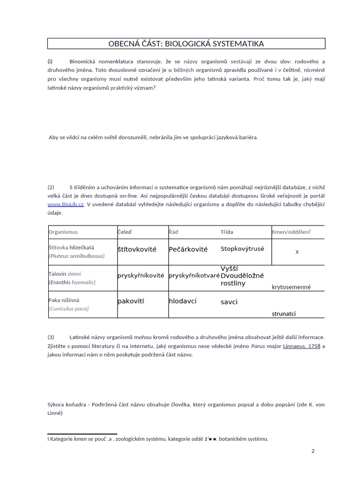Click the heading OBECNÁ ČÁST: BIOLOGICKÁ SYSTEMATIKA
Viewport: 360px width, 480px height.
tap(186, 44)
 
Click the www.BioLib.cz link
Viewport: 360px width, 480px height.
tap(66, 204)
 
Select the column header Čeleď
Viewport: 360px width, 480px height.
tap(125, 232)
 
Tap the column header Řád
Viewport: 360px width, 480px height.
tap(173, 232)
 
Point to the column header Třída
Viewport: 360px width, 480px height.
tap(227, 232)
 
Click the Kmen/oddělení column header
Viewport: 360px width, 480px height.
tap(291, 232)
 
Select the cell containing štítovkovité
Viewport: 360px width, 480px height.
tap(137, 249)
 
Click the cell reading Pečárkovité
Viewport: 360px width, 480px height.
tap(188, 249)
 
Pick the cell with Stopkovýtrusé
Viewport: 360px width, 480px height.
tap(242, 249)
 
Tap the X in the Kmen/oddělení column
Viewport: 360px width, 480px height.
tap(297, 252)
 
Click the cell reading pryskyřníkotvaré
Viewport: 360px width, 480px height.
tap(194, 276)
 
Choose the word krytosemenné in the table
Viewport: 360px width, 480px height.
tap(291, 287)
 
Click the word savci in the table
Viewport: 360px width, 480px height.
tap(229, 302)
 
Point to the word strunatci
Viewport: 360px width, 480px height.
tap(284, 314)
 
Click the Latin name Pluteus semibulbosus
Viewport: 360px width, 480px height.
tap(77, 256)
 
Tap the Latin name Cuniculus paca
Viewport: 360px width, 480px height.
tap(69, 308)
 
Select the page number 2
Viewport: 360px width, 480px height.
tap(313, 451)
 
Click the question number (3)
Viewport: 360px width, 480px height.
tap(51, 337)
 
